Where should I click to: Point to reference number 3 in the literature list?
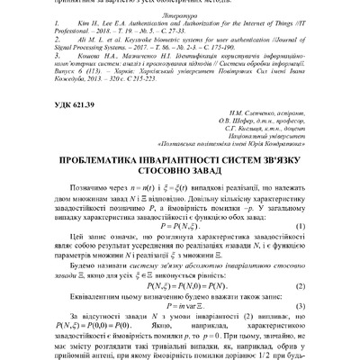pyautogui.click(x=49, y=68)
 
